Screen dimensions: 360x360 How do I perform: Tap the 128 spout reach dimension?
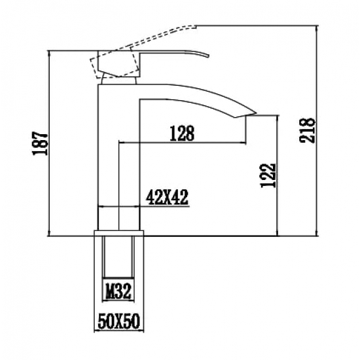tap(181, 133)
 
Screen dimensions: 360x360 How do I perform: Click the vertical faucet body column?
tap(107, 151)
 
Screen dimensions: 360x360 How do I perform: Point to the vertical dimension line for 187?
tap(50, 144)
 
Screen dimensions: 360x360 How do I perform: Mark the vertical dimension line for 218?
tap(319, 131)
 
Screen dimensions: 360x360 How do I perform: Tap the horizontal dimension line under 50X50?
tap(118, 332)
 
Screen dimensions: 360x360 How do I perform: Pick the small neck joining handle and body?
tap(118, 81)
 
